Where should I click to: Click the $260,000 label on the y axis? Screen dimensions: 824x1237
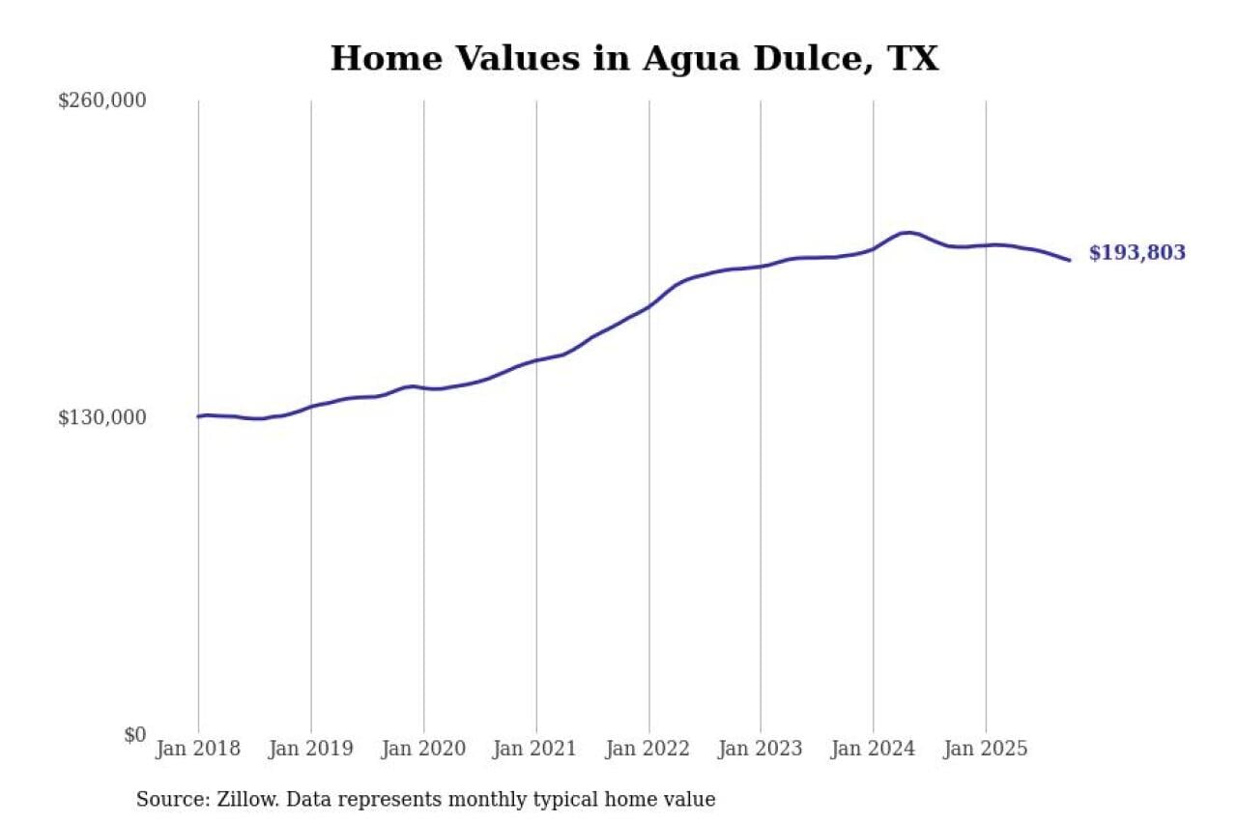pos(101,101)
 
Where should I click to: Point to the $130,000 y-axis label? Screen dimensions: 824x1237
pos(101,417)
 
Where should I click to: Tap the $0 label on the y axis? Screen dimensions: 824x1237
pos(134,734)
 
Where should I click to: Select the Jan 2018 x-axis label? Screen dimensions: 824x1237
pos(198,749)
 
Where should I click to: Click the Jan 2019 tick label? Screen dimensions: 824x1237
pos(311,749)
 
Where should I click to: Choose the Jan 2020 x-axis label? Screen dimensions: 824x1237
pos(423,749)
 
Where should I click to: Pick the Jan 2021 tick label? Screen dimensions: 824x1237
pos(535,749)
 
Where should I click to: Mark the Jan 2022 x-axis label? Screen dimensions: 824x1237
pos(648,749)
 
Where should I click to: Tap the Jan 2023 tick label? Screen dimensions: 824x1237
pos(761,749)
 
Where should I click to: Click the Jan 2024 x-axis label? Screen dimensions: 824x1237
pos(873,749)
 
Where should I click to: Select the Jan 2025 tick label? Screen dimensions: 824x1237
pos(986,749)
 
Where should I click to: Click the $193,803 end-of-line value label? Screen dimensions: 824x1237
pos(1136,253)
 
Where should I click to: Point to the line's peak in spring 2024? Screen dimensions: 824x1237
pos(906,233)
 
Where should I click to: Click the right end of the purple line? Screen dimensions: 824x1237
pos(1069,260)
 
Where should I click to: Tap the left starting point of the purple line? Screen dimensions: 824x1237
pos(198,416)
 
